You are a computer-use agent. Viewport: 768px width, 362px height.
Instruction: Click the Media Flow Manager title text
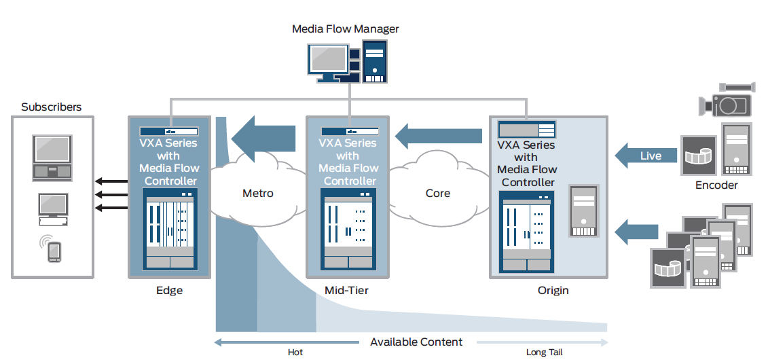345,29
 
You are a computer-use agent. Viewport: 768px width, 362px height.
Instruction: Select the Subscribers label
52,107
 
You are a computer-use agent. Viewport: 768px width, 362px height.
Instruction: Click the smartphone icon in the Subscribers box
54,249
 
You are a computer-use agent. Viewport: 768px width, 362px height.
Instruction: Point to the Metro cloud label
258,194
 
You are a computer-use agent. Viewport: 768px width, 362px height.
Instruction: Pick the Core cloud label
437,194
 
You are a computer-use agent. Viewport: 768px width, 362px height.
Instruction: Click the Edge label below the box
168,291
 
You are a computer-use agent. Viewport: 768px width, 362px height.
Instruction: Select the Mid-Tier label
346,291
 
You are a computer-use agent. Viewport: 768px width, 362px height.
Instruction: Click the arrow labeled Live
646,156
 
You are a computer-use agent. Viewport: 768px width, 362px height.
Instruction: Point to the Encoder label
716,185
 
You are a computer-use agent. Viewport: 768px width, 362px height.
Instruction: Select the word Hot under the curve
295,352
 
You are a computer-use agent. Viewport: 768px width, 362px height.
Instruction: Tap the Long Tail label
544,352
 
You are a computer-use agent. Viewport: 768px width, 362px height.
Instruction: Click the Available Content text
416,342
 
